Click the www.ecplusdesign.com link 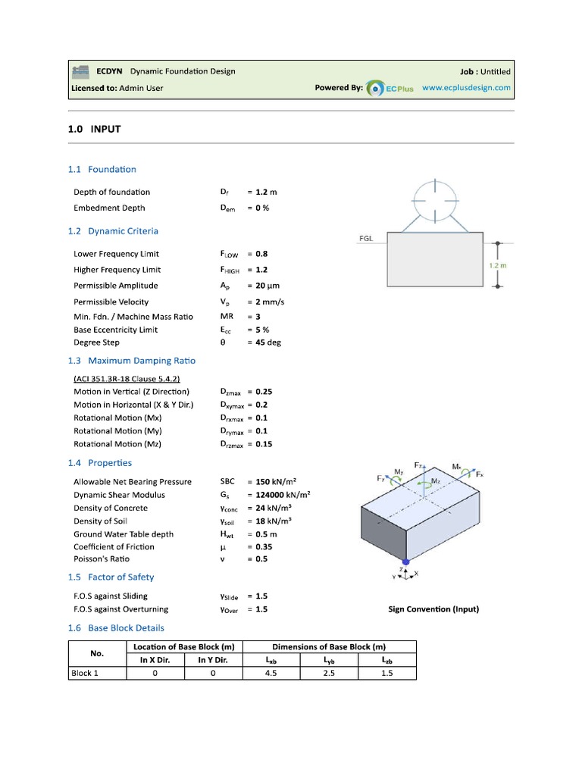coord(466,88)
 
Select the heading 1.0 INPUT coord(94,130)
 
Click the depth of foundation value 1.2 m coord(268,192)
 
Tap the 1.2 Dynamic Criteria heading coord(113,230)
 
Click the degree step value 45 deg coord(268,343)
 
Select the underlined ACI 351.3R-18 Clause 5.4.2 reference coord(127,379)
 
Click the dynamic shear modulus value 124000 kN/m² coord(282,495)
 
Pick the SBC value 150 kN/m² coord(276,481)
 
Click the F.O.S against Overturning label coord(120,609)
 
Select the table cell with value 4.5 coord(271,673)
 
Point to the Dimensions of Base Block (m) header coord(329,646)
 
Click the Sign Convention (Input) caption coord(433,609)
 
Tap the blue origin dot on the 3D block coord(407,561)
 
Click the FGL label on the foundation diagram coord(366,238)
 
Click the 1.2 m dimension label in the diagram coord(497,266)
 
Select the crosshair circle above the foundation coord(435,186)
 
